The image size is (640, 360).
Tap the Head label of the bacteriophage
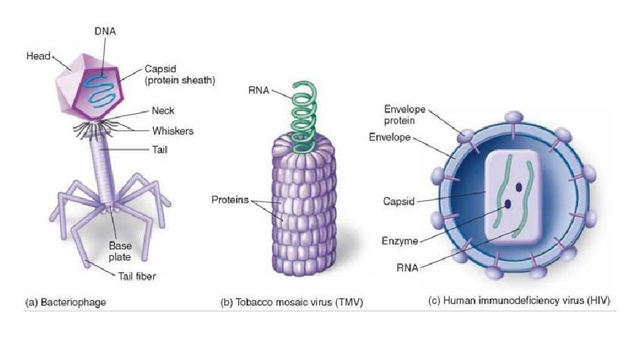pos(38,56)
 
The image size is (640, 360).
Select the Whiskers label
pos(173,131)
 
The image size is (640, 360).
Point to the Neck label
pos(163,111)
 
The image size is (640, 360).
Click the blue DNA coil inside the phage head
pos(101,83)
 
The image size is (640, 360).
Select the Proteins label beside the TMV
pos(230,199)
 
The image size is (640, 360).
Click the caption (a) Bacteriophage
pos(65,301)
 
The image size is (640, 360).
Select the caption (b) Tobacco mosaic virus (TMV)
pos(287,302)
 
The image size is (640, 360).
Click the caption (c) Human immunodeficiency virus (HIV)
pos(519,301)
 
